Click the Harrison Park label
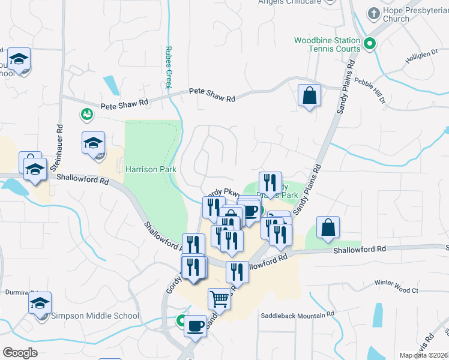(x=151, y=170)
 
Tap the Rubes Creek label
(x=169, y=68)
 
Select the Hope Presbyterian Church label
(x=396, y=15)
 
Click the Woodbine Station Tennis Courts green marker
(x=370, y=43)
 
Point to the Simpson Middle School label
(x=95, y=316)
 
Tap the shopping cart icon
(x=220, y=298)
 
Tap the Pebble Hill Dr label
(x=370, y=89)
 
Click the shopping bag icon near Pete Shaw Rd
(x=309, y=95)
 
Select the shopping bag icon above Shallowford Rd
(x=328, y=227)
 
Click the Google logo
(x=20, y=353)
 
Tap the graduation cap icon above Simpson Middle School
(x=40, y=302)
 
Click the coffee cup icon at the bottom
(x=195, y=326)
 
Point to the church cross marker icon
(x=374, y=13)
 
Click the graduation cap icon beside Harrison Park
(x=94, y=143)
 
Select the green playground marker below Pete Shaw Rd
(x=86, y=113)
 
